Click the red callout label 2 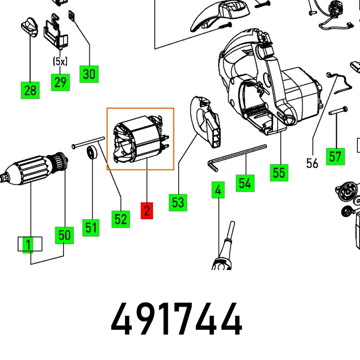pos(147,211)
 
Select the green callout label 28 pos(30,90)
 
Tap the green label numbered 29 pos(60,82)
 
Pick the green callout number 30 pos(89,73)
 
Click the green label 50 pos(64,235)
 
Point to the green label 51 pos(91,227)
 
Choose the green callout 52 pos(121,219)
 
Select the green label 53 pos(178,202)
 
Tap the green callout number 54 pos(245,183)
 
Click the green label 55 pos(279,172)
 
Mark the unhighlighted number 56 pos(312,163)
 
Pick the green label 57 pos(335,157)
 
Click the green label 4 pos(218,190)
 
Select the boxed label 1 pos(29,244)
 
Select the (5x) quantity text pos(60,61)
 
